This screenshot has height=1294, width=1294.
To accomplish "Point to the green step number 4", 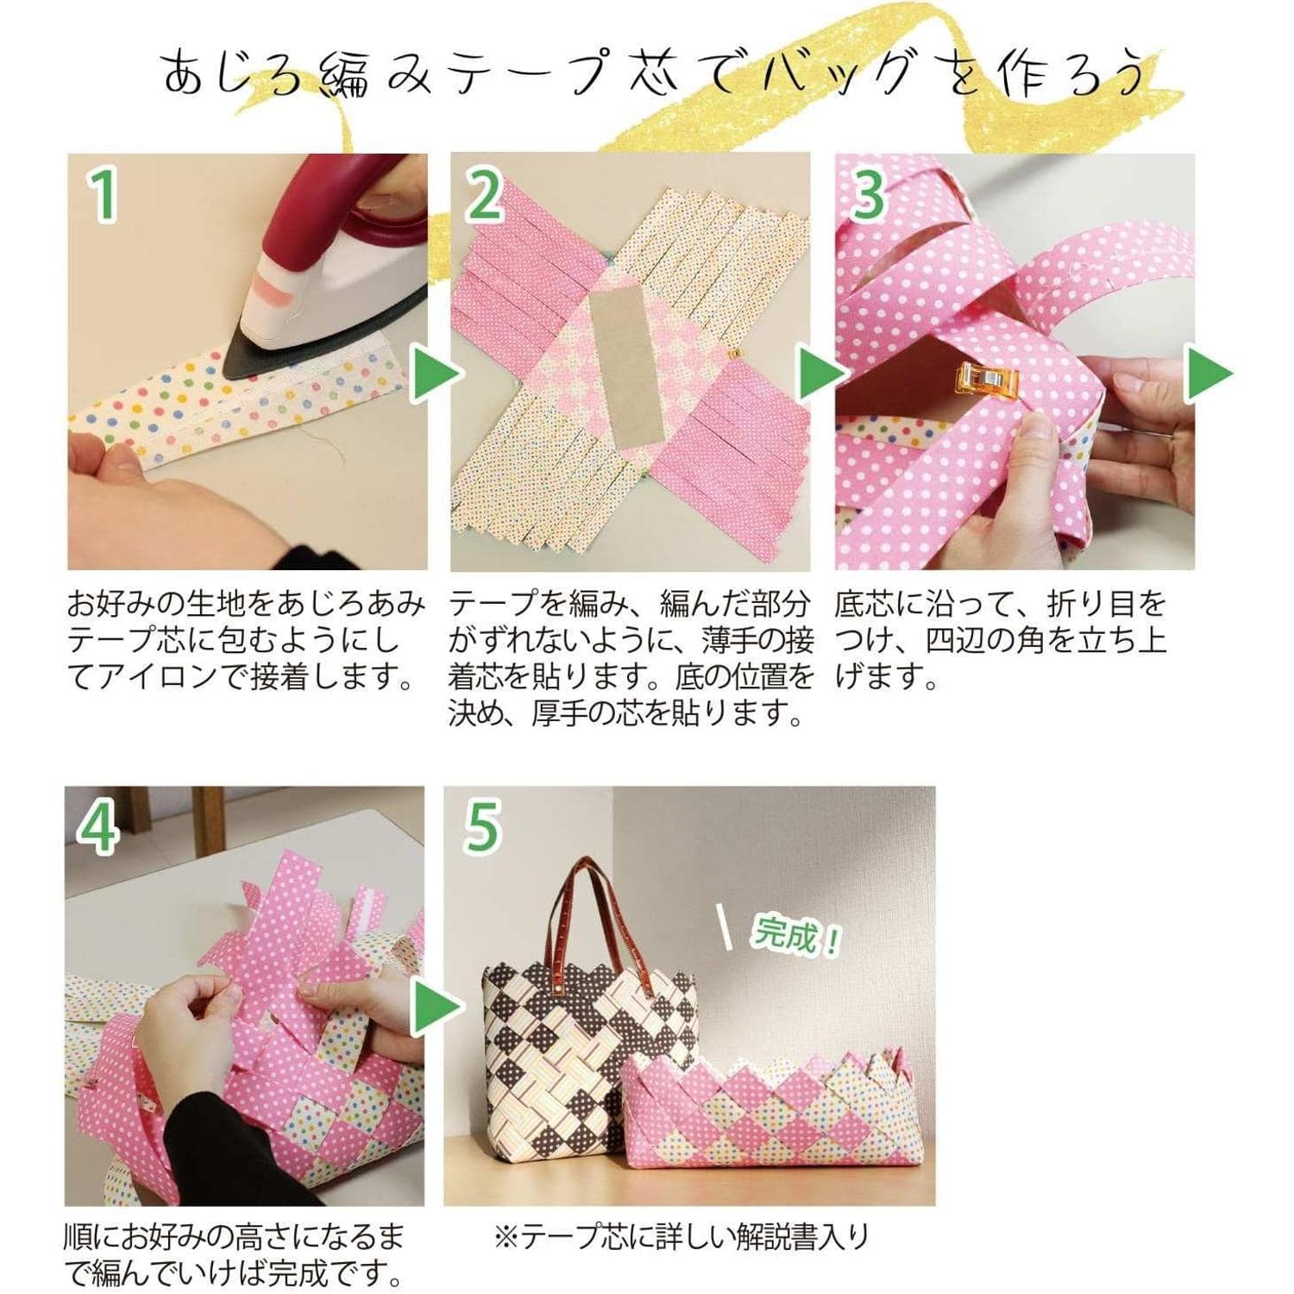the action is [x=98, y=826].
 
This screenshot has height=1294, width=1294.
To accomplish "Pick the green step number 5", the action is [x=482, y=826].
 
